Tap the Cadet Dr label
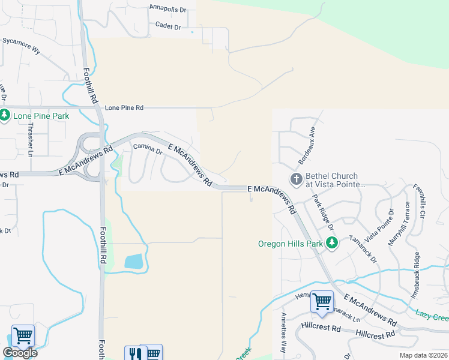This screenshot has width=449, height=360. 168,26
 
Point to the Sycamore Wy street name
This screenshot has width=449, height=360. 22,46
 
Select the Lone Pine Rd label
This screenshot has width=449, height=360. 124,108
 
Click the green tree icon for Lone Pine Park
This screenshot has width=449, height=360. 5,115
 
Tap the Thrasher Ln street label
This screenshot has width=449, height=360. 29,144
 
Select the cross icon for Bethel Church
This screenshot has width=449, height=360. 296,179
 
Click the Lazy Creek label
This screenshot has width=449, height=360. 432,313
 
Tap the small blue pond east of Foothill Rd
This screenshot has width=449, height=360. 133,262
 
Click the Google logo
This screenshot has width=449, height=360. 20,353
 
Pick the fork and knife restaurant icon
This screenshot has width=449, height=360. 134,353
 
